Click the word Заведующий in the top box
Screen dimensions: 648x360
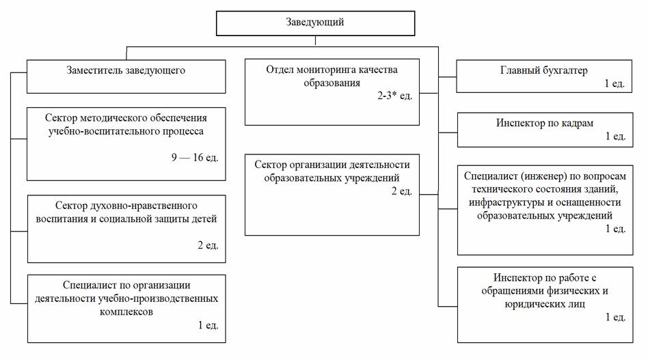coord(315,23)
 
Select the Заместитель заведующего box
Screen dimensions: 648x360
coord(126,77)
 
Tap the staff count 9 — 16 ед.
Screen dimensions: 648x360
coord(195,157)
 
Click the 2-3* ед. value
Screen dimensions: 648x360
coord(394,96)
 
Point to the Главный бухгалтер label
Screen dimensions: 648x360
coord(543,70)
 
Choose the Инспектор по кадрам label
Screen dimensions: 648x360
coord(545,123)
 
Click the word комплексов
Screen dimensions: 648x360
coord(126,311)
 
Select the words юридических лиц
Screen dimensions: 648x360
coord(545,304)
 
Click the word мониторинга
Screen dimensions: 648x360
coord(334,70)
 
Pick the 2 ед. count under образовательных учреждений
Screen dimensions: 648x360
coord(402,191)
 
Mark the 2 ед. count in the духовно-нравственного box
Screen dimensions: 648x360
coord(208,245)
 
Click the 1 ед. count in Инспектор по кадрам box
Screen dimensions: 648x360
coord(615,136)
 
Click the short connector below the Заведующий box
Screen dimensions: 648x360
coord(315,40)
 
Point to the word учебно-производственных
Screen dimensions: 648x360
coord(158,299)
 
